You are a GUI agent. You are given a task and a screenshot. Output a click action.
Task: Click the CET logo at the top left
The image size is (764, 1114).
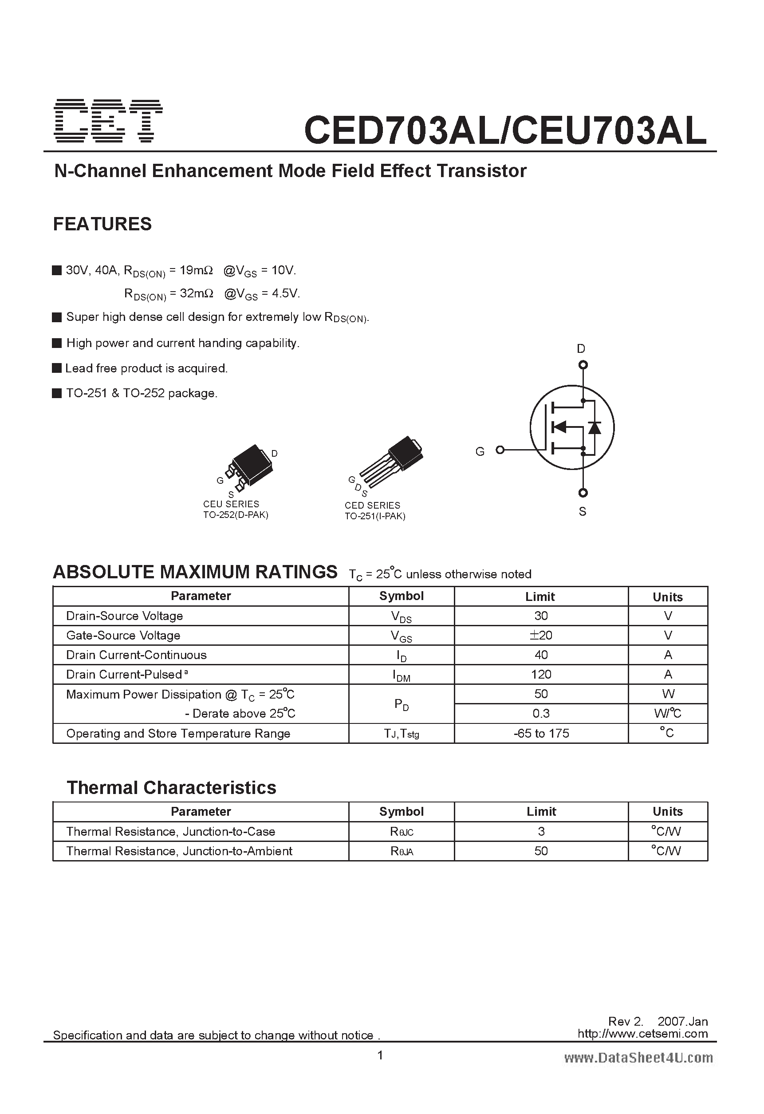tap(108, 121)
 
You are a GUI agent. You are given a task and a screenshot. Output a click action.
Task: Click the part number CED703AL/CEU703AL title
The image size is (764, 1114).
tap(505, 130)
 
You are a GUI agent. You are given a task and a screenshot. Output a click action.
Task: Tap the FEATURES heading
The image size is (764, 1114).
tap(102, 224)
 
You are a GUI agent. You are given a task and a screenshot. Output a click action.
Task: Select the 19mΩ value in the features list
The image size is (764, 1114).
tap(196, 270)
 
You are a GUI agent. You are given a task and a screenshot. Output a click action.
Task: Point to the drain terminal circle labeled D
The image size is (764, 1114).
tap(583, 365)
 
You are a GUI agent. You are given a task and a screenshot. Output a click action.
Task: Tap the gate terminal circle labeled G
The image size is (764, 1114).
tap(500, 450)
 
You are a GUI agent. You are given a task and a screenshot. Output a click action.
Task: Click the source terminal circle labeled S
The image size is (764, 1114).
tap(583, 493)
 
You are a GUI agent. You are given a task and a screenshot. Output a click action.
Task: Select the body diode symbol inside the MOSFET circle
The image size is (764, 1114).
tap(595, 427)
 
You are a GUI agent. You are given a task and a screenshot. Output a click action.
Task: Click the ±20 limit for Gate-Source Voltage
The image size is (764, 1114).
tap(541, 635)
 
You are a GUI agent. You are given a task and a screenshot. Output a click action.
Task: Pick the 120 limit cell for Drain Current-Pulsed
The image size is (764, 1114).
tap(541, 675)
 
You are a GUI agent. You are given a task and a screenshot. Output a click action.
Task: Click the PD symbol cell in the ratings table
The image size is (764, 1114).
tap(401, 703)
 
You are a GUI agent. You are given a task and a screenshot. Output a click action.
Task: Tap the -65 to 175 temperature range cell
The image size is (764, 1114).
tap(541, 733)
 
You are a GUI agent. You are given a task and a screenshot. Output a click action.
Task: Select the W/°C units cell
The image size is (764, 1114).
tap(667, 713)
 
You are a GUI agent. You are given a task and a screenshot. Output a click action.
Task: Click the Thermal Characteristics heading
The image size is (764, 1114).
tap(171, 787)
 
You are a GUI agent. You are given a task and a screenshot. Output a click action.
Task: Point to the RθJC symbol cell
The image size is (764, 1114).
tap(401, 832)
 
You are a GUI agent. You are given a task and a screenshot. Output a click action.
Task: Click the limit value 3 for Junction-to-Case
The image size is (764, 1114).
tap(541, 832)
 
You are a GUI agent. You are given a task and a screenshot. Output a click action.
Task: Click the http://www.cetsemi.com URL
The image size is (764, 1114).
tap(642, 1034)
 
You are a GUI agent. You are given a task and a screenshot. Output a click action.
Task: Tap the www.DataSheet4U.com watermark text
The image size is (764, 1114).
tap(638, 1058)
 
